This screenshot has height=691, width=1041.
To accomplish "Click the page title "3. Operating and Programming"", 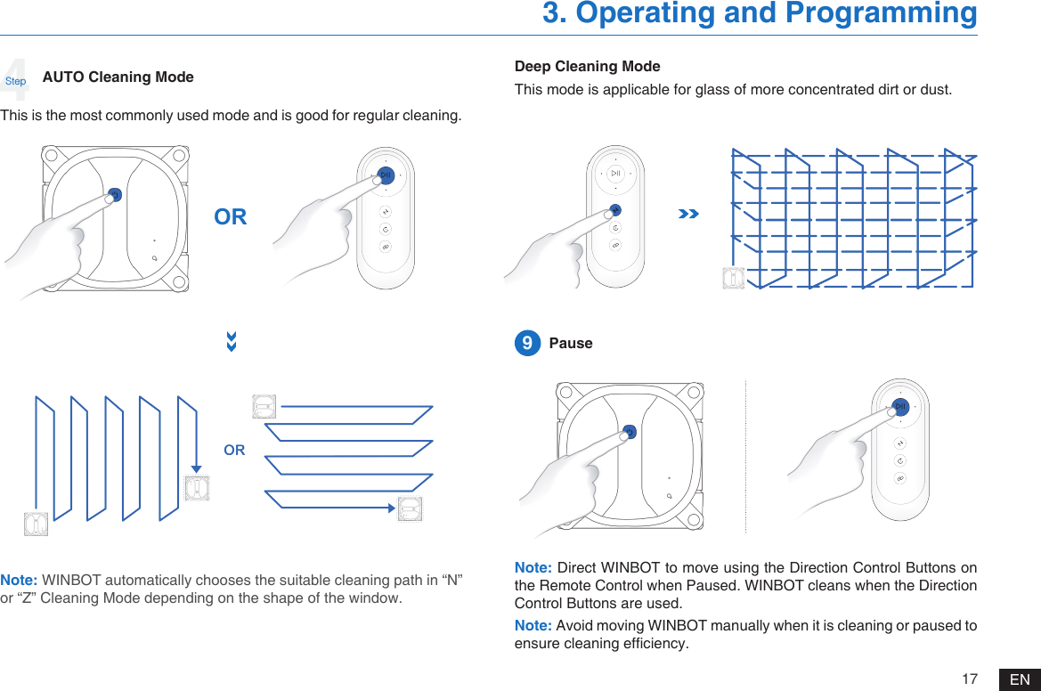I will (x=760, y=14).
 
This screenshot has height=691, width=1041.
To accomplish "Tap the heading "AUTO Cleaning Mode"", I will (x=118, y=77).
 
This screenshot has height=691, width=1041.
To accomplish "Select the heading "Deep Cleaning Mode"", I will (x=588, y=67).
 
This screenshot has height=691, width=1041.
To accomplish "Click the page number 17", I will (x=970, y=679).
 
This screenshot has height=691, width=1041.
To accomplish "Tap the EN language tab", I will (x=1020, y=679).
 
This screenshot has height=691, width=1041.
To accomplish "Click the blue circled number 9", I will (x=527, y=344).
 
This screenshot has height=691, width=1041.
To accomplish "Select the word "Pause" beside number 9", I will (x=571, y=344).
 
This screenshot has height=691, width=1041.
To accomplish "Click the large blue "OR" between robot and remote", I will (x=231, y=217).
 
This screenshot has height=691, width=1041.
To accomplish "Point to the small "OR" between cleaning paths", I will (x=234, y=451).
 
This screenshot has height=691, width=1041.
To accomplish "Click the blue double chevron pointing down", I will (x=232, y=342).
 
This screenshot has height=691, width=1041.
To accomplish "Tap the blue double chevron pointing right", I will (x=687, y=215).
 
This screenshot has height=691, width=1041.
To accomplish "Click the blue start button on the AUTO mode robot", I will (x=115, y=194).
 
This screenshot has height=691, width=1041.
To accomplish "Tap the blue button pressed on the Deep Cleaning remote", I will (x=615, y=210).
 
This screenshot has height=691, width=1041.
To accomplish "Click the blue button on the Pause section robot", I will (x=629, y=432).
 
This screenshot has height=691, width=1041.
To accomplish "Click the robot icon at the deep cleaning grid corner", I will (x=734, y=278).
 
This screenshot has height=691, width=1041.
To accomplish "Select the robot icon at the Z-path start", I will (x=264, y=407).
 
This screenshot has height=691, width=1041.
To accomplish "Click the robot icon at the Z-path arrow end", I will (x=410, y=508).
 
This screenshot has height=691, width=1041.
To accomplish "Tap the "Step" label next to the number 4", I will (x=16, y=81).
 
